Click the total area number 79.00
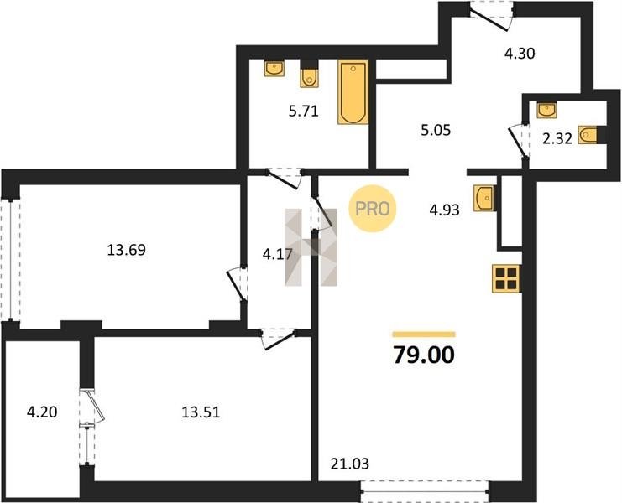424,355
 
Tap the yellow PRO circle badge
373,209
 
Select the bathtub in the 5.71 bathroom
353,92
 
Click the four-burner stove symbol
506,278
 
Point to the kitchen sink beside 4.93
484,198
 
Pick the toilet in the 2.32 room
588,135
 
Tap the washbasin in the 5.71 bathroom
274,68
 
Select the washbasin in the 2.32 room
546,110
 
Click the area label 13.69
127,250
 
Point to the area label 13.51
201,412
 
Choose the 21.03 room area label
349,464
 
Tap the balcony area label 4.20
42,412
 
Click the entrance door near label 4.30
491,16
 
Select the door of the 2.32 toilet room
520,141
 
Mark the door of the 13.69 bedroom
238,284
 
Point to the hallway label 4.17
278,254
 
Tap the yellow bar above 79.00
424,334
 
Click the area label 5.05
436,130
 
